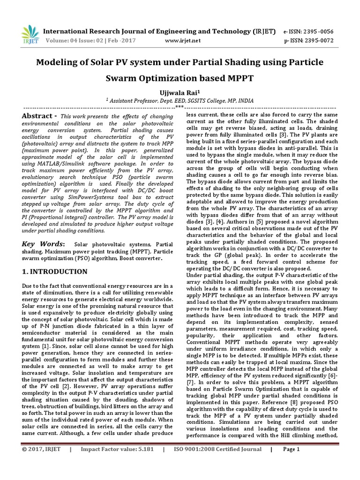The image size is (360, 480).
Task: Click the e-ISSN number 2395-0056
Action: [x=316, y=32]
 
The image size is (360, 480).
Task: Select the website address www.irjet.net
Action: [x=183, y=41]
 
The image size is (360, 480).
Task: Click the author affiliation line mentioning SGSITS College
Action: [x=180, y=99]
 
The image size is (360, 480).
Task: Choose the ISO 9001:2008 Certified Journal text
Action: [x=217, y=463]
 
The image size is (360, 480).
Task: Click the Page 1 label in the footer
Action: [x=291, y=463]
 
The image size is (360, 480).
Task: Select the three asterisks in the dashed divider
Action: [x=180, y=106]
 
